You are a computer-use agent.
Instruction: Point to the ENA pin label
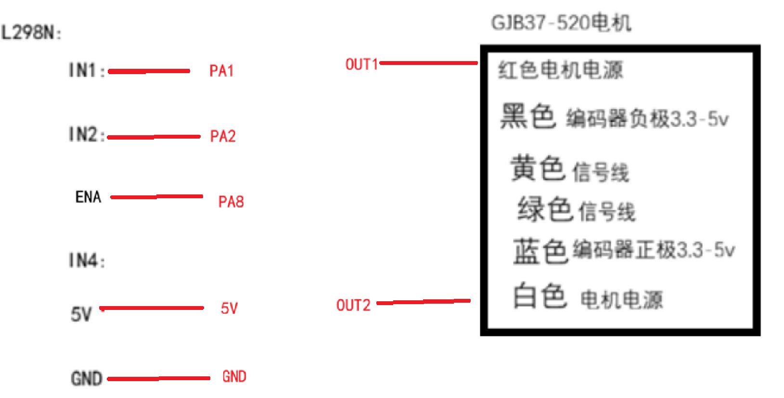tap(88, 197)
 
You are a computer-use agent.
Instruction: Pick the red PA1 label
tap(221, 71)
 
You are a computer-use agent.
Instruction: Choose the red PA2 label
tap(223, 136)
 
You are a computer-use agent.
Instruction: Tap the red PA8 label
tap(231, 202)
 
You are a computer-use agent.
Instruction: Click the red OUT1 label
tap(361, 64)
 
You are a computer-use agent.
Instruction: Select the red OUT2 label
tap(353, 305)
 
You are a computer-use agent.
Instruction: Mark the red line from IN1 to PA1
tap(149, 71)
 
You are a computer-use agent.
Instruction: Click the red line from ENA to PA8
tap(156, 196)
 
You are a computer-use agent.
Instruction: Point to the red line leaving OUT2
tap(424, 302)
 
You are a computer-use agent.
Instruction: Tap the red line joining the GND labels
tap(159, 378)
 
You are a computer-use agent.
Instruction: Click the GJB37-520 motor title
tap(561, 23)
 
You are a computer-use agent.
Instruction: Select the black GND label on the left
tap(87, 378)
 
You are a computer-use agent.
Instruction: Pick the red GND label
tap(234, 376)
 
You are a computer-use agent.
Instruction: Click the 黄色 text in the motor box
tap(538, 168)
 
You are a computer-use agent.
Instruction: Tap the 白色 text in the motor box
tap(540, 295)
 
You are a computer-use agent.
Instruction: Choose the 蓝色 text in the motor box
tap(541, 251)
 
